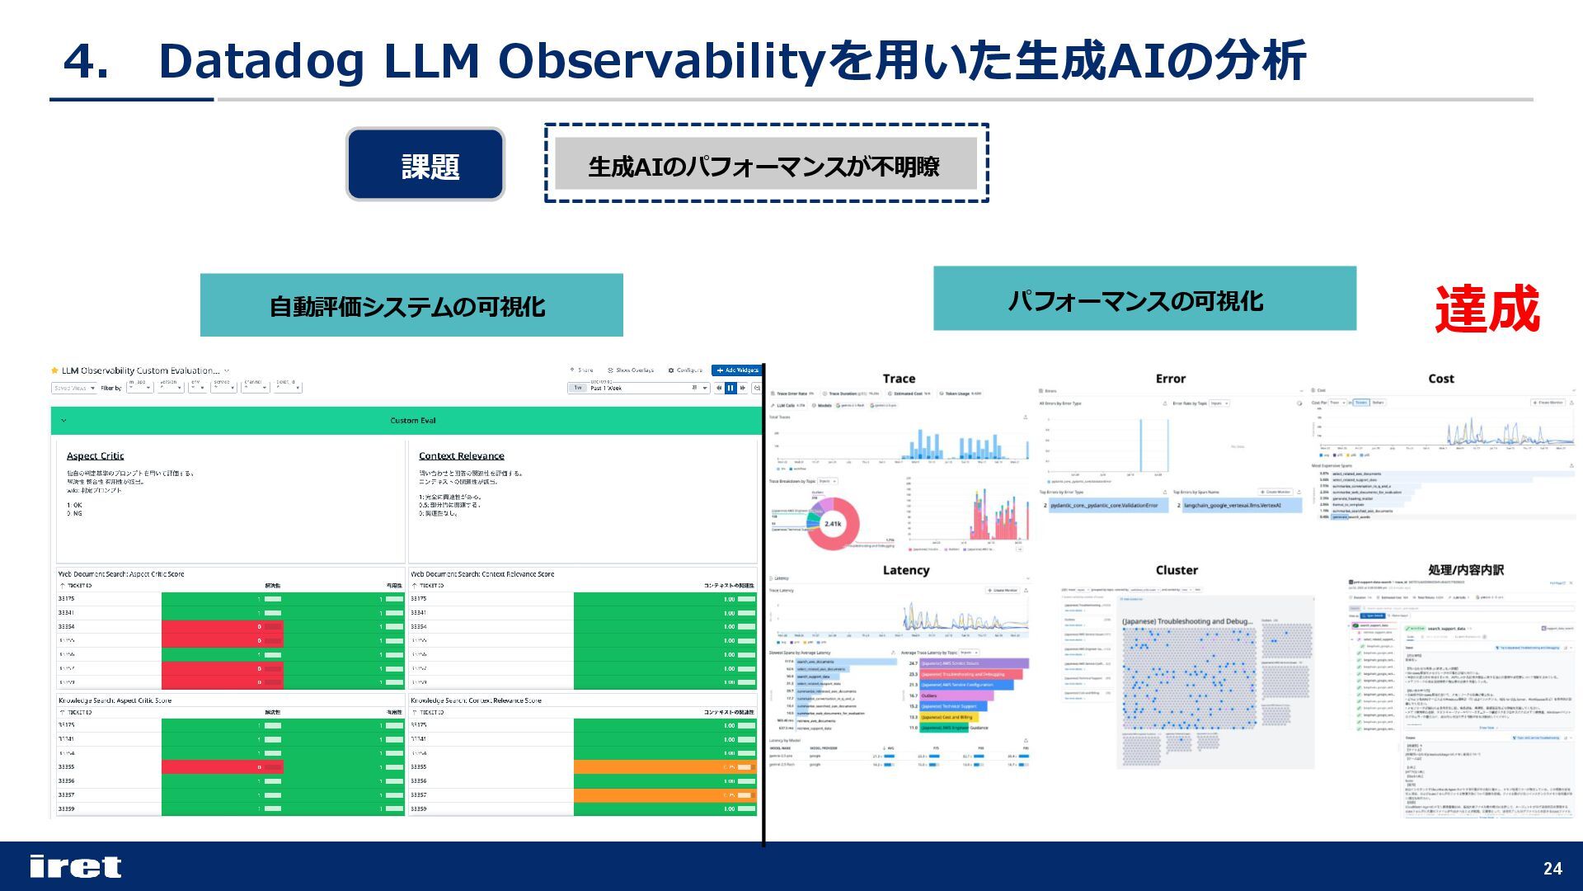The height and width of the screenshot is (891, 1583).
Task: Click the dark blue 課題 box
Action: (x=425, y=165)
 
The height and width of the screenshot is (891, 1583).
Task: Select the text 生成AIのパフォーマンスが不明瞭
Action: (x=764, y=166)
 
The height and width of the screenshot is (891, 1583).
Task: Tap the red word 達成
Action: (x=1487, y=309)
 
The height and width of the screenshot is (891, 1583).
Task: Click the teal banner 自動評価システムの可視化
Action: (x=411, y=306)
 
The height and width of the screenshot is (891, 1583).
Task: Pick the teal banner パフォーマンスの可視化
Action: (x=1144, y=299)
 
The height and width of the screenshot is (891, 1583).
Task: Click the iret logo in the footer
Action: (x=75, y=866)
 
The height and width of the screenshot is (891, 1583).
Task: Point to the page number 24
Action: (x=1552, y=868)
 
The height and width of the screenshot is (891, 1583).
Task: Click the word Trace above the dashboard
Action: (x=899, y=379)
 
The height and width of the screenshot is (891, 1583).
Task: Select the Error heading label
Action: (x=1170, y=379)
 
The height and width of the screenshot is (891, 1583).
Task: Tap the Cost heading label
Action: (x=1440, y=379)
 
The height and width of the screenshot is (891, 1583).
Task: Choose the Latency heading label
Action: (x=905, y=570)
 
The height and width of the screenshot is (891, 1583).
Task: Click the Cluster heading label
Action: (x=1177, y=570)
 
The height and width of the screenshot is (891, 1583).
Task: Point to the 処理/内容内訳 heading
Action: (x=1465, y=570)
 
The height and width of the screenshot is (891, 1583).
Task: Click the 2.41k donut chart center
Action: (x=833, y=524)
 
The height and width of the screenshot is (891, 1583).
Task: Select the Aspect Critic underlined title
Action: (x=95, y=456)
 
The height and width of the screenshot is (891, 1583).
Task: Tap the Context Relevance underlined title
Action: (x=461, y=456)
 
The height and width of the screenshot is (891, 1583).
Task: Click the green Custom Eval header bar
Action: (x=412, y=421)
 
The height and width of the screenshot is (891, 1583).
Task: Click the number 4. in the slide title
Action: (x=86, y=61)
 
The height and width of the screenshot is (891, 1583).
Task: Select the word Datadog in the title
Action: (x=261, y=61)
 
